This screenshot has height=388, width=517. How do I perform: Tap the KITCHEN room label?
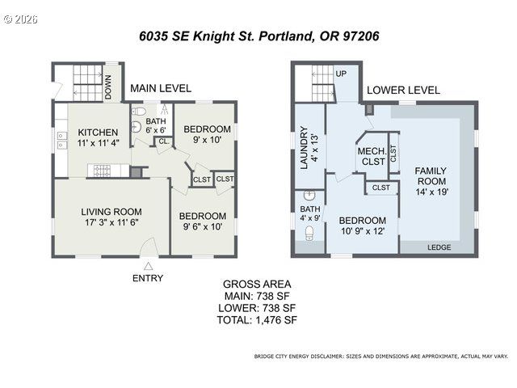coord(99,137)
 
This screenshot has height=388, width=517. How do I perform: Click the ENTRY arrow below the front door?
coord(148,265)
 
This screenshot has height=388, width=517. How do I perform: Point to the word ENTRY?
coord(148,278)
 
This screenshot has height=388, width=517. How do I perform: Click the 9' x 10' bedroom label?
coord(207,134)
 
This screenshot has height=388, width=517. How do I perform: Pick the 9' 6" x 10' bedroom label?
coord(202,221)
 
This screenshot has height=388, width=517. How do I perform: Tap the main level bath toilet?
coord(137,112)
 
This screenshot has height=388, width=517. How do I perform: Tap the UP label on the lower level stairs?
coord(341,74)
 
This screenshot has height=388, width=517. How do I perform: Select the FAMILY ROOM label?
coord(431,181)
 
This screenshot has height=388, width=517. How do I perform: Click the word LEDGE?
coord(439,248)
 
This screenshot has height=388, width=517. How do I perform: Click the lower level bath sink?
coord(308,196)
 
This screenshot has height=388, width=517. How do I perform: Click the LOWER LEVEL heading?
coord(403,91)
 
